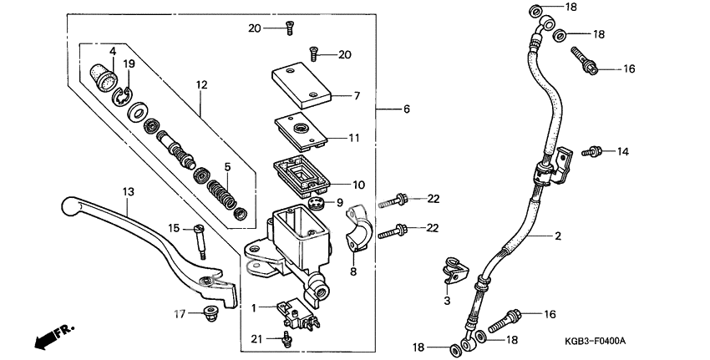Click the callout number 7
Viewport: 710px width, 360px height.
(x=356, y=96)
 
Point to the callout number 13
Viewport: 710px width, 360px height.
(x=128, y=191)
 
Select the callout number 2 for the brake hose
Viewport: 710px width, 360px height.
(x=557, y=236)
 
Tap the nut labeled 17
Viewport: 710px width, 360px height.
(x=209, y=314)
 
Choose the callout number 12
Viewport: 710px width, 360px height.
(x=200, y=84)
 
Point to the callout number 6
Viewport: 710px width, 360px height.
(x=406, y=109)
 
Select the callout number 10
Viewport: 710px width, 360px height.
(x=358, y=185)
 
